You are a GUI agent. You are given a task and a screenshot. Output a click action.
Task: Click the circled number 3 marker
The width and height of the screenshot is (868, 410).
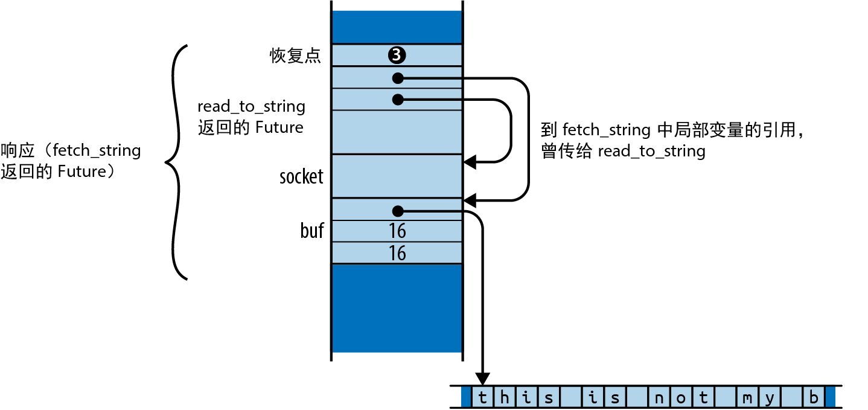click(x=397, y=56)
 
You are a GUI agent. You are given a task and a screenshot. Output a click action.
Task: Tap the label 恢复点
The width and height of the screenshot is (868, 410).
click(x=295, y=56)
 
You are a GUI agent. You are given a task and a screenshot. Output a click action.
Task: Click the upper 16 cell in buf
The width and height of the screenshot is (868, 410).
click(x=397, y=231)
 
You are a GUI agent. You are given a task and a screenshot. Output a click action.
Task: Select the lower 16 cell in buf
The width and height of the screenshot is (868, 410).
click(x=397, y=253)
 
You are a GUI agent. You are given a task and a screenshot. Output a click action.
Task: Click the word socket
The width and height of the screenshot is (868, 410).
click(x=302, y=177)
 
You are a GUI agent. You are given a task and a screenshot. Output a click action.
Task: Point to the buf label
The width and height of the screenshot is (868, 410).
click(x=312, y=231)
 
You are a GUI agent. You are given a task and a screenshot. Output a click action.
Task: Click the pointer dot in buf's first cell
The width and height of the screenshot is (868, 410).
click(x=397, y=211)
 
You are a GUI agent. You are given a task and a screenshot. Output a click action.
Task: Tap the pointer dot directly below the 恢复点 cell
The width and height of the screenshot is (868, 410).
click(x=397, y=78)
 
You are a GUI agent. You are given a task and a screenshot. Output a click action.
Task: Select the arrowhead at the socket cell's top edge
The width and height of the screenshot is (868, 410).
click(x=470, y=161)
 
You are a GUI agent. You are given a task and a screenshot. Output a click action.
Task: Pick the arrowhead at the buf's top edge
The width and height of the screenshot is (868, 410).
click(x=470, y=199)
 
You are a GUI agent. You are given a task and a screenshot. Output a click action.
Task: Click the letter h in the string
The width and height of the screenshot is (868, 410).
click(x=504, y=398)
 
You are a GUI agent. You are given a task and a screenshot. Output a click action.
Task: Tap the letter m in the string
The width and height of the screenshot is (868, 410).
click(x=747, y=398)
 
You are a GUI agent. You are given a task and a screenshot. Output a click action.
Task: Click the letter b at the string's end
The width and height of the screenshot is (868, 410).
click(x=814, y=398)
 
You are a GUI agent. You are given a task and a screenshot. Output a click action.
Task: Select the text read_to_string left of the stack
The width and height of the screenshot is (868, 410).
click(x=251, y=107)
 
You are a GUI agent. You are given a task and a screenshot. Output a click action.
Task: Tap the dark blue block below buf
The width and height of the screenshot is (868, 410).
click(x=397, y=308)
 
